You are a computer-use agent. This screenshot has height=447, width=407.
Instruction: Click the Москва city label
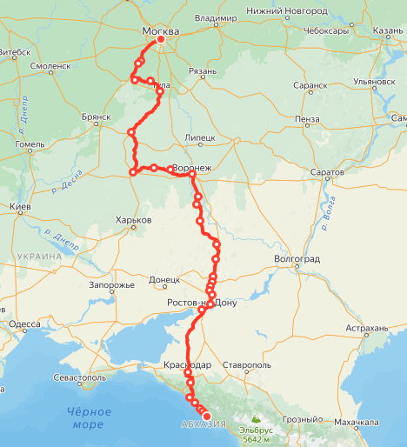(160, 32)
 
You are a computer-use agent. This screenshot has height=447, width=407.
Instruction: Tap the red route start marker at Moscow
(160, 40)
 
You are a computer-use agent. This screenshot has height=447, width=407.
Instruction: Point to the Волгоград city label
(297, 259)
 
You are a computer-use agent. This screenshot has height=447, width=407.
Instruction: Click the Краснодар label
(187, 365)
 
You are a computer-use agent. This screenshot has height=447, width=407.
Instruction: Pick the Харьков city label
(133, 221)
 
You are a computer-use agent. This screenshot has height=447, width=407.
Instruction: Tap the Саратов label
(327, 173)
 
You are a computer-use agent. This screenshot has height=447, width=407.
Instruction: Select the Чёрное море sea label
(90, 417)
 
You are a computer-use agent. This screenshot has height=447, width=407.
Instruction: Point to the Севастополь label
(79, 377)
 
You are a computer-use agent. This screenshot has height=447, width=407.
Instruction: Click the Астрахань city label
(365, 328)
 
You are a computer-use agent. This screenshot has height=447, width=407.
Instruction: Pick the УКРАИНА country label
(38, 257)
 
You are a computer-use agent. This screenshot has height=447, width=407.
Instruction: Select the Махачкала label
(358, 422)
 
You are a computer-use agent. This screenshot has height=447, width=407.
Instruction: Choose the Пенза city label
(307, 118)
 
